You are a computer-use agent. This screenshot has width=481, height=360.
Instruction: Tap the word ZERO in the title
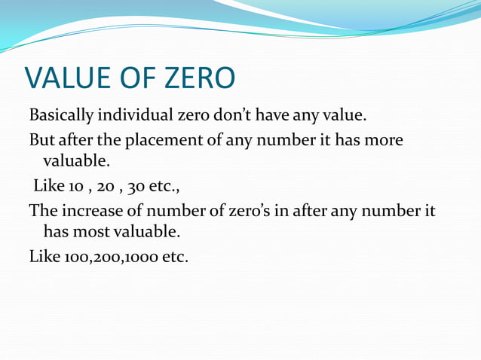tap(198, 78)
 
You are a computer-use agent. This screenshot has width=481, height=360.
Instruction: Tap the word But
tap(41, 141)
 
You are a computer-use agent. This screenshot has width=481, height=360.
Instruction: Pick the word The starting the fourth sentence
tap(41, 210)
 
